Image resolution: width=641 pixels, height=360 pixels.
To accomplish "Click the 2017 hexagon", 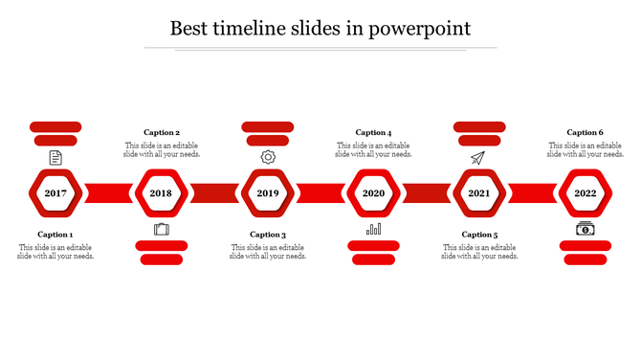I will (55, 193).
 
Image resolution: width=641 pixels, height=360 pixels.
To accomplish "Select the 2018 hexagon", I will (161, 193).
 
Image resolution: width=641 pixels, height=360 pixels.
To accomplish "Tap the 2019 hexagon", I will (267, 193).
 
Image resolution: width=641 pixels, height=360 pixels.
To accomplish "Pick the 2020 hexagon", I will (373, 193).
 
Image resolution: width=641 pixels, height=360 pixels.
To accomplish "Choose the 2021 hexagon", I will (478, 193).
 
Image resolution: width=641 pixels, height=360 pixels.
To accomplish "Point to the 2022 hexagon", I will (585, 193).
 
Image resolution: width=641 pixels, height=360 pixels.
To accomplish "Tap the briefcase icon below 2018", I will (161, 229).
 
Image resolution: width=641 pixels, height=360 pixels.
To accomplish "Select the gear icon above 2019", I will (268, 157).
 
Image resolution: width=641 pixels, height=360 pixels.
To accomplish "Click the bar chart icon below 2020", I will (373, 229).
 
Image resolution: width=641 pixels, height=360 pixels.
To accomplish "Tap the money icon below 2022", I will (585, 229).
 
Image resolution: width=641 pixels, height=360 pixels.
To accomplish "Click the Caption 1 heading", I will (55, 235).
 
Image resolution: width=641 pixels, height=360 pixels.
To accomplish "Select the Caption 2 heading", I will (162, 133).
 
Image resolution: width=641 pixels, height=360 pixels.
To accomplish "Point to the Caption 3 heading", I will (268, 235).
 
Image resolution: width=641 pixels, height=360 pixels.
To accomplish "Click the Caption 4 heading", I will (373, 133).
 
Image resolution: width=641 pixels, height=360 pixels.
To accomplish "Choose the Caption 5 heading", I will (479, 235).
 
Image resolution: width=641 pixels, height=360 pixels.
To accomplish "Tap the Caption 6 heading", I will (585, 133).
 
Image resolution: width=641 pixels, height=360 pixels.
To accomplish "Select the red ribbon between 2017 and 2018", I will (108, 193).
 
